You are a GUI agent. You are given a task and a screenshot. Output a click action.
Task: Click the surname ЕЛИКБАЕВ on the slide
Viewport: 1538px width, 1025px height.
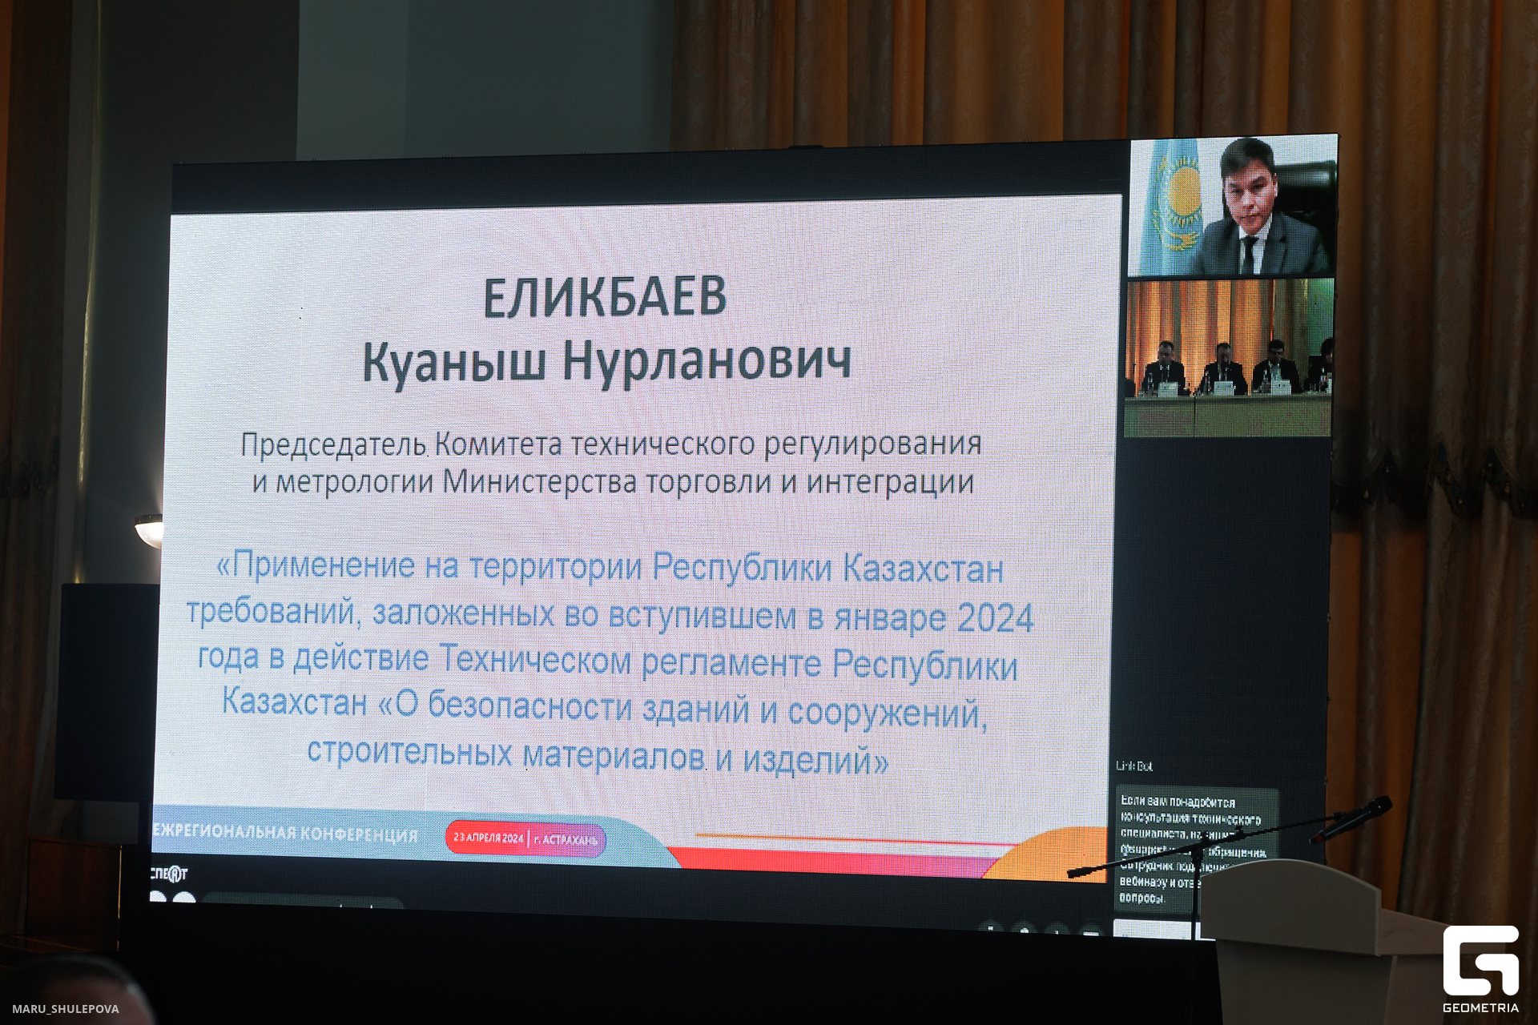coord(605,297)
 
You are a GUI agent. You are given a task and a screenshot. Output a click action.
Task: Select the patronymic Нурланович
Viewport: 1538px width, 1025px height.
coord(706,362)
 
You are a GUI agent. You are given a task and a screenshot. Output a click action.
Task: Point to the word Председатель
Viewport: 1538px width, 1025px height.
coord(333,444)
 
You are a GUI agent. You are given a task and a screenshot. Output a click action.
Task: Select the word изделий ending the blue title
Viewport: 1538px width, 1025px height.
coord(815,758)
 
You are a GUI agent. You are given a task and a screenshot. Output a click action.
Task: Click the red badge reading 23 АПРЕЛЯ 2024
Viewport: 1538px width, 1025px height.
coord(488,838)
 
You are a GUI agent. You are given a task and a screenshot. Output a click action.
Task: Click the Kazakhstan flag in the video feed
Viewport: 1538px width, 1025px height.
coord(1174,205)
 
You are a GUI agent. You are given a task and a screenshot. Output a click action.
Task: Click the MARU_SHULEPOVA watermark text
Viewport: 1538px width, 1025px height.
coord(66,1009)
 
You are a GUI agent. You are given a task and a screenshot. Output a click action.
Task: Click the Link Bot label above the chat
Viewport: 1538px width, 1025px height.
coord(1134,766)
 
